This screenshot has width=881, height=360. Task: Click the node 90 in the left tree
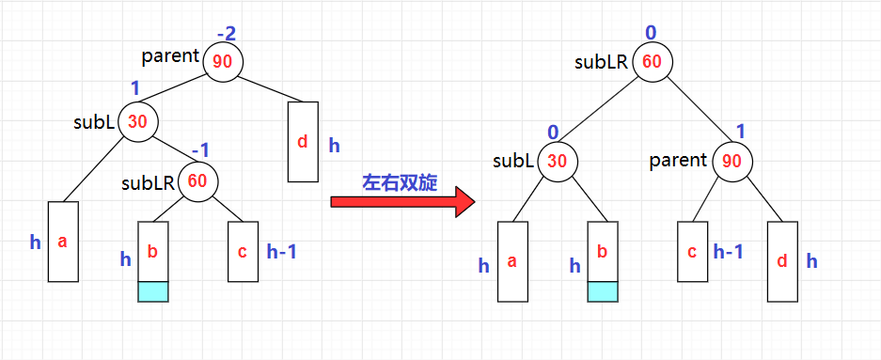[223, 62]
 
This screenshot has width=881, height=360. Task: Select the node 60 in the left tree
[197, 181]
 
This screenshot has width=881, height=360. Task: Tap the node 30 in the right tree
[557, 161]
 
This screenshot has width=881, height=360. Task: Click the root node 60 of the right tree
[652, 62]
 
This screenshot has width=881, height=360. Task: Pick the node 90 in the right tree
[732, 161]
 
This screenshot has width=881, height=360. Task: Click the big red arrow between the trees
[402, 202]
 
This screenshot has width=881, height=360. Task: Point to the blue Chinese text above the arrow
[400, 183]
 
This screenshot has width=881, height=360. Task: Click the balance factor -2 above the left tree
[226, 34]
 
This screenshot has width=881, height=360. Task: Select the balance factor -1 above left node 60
[199, 151]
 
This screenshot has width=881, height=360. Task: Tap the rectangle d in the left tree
[303, 142]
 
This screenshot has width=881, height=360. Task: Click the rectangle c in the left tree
[243, 251]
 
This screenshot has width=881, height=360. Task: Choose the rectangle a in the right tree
[512, 261]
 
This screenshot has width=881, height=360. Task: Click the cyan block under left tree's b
[153, 291]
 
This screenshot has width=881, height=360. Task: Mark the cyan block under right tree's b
[603, 291]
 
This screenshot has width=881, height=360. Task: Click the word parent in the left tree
[170, 56]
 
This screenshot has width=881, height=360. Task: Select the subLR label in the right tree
[601, 62]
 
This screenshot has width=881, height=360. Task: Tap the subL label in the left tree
[94, 122]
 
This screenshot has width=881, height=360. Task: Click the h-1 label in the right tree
[728, 251]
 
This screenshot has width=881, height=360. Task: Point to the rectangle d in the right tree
[782, 261]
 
